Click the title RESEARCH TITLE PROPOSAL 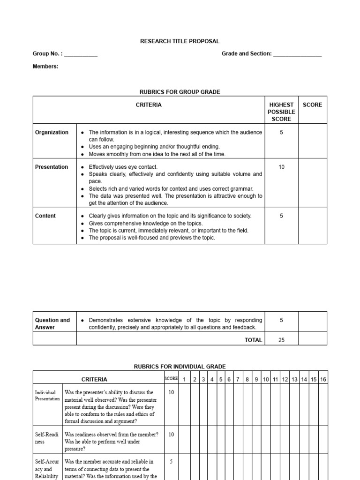click(180, 41)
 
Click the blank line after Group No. click(81, 54)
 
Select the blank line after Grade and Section click(297, 54)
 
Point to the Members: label click(45, 67)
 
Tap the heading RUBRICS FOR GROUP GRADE click(180, 92)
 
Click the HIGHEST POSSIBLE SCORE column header click(281, 112)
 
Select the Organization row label click(52, 132)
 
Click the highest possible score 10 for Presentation click(281, 167)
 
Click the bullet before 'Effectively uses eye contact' click(82, 167)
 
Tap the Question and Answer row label click(52, 324)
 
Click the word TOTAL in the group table click(253, 340)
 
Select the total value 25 click(281, 340)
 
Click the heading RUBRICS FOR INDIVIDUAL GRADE click(180, 366)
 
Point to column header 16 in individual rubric click(323, 379)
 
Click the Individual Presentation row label click(47, 396)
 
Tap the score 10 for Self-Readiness click(171, 435)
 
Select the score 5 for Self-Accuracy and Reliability click(171, 462)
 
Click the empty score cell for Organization click(312, 141)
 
